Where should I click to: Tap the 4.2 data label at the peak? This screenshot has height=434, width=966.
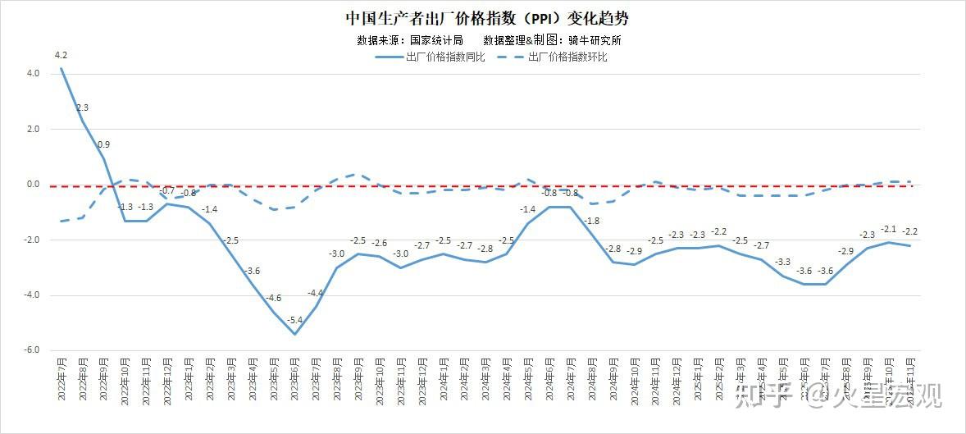point(61,56)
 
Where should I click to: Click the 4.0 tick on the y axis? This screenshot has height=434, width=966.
point(32,73)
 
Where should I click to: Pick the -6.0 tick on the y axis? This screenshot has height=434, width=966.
point(31,350)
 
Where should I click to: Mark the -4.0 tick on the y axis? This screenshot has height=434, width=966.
point(31,295)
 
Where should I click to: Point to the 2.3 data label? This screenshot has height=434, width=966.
point(82,107)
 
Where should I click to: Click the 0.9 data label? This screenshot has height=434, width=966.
point(104,145)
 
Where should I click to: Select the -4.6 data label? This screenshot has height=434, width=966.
point(274,298)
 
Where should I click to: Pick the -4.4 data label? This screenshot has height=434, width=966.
point(317,293)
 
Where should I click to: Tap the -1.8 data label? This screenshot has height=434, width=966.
point(592,222)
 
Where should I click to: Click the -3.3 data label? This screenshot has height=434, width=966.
point(782,263)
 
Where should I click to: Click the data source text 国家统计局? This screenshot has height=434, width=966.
point(436,39)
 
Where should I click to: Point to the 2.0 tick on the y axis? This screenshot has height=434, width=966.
point(33,129)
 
